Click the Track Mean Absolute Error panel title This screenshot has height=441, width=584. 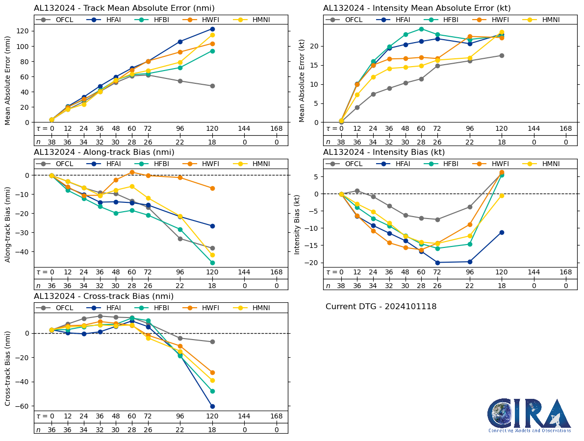point(124,8)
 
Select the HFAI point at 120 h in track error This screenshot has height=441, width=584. point(212,29)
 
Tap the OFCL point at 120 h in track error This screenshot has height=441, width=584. point(212,86)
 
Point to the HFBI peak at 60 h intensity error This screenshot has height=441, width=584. point(421,29)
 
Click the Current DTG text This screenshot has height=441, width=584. point(381,307)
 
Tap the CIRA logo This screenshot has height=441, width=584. point(529,416)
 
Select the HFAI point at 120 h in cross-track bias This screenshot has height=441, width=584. point(212,406)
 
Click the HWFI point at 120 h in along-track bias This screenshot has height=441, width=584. point(212,188)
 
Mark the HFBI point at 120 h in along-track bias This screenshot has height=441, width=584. point(212,263)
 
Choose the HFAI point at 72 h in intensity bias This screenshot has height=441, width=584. point(437,263)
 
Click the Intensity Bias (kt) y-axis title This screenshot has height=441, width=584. point(297,223)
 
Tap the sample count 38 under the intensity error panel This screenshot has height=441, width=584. point(341,142)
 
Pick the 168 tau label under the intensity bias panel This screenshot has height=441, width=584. point(566,272)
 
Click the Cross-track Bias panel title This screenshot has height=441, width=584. point(103,296)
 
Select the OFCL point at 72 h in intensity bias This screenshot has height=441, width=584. point(437,220)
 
